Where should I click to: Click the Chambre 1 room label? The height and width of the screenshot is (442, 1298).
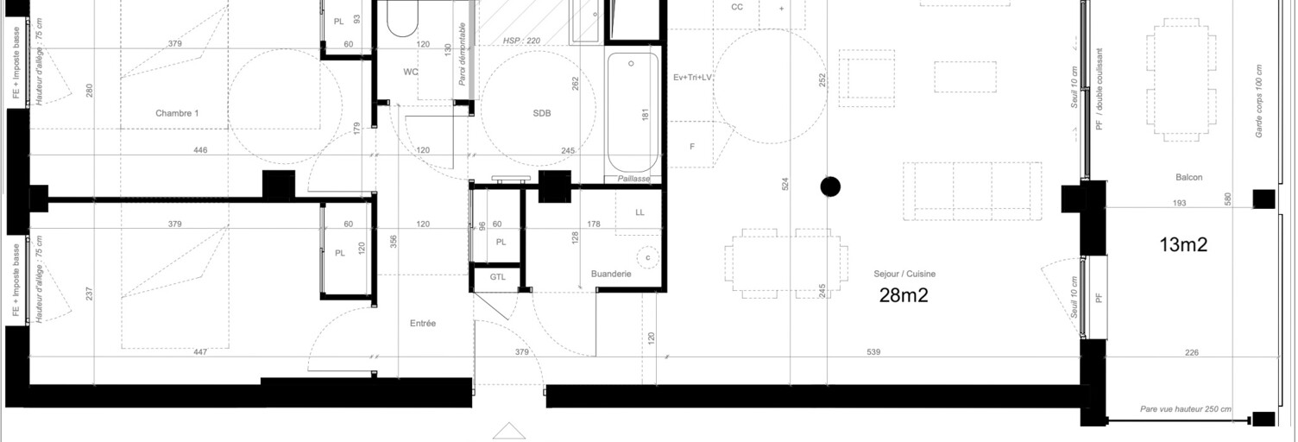click(177, 114)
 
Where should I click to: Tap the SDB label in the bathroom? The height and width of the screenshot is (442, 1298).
click(542, 114)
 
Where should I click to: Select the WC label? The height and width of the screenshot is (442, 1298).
click(411, 72)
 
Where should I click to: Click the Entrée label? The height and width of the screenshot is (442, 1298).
click(423, 324)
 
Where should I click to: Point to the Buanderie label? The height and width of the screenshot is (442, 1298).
click(611, 274)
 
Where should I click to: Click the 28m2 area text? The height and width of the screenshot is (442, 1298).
click(904, 295)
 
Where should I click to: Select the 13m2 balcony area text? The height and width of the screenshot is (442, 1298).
click(1183, 245)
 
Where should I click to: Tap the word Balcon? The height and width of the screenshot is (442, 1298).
click(1188, 178)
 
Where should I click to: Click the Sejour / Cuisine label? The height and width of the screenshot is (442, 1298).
click(904, 274)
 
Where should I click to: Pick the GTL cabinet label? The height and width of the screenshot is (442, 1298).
click(498, 277)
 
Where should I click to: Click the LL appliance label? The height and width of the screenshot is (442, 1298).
click(640, 212)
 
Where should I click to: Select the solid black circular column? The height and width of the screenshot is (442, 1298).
click(830, 186)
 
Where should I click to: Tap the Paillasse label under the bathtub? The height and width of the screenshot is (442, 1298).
click(633, 179)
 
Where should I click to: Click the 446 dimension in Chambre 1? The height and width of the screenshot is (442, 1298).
click(200, 150)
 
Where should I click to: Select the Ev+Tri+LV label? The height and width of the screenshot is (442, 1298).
click(692, 78)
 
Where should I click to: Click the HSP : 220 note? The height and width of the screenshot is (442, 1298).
click(522, 41)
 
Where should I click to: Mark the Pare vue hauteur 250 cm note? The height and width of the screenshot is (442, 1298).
click(1186, 409)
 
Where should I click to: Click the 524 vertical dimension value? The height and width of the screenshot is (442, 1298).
click(784, 184)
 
